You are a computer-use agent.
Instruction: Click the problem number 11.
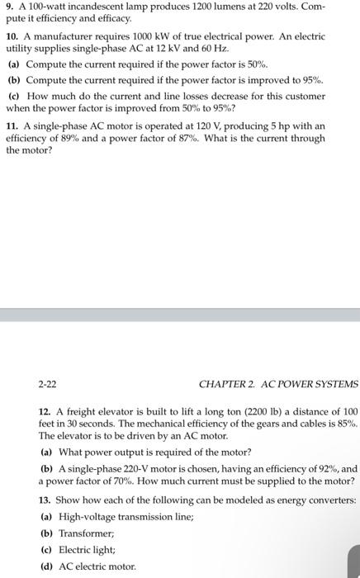click(x=12, y=126)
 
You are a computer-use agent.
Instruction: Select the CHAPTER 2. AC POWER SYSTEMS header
click(x=279, y=384)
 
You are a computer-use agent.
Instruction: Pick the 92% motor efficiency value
click(x=328, y=467)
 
